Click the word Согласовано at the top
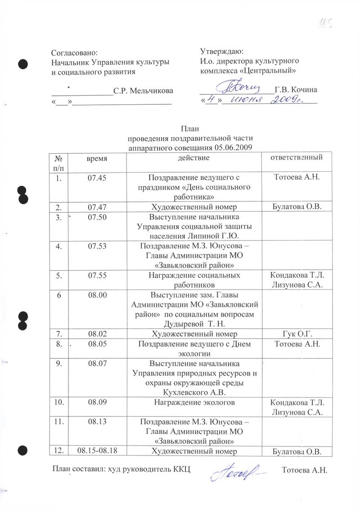click(74, 53)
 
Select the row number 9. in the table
click(59, 363)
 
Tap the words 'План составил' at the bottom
click(77, 470)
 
